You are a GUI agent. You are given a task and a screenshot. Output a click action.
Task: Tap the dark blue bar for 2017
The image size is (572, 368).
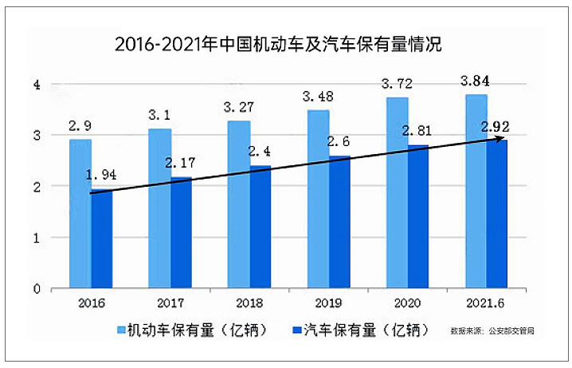(x=180, y=231)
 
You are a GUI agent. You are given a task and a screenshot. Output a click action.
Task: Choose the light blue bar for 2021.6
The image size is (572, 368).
(x=476, y=192)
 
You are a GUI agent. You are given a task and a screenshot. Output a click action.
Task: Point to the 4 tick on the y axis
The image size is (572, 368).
(x=36, y=85)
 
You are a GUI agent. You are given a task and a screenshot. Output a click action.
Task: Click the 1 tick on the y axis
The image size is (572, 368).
(x=36, y=238)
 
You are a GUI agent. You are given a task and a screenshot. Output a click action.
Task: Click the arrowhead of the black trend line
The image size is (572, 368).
(x=502, y=140)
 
